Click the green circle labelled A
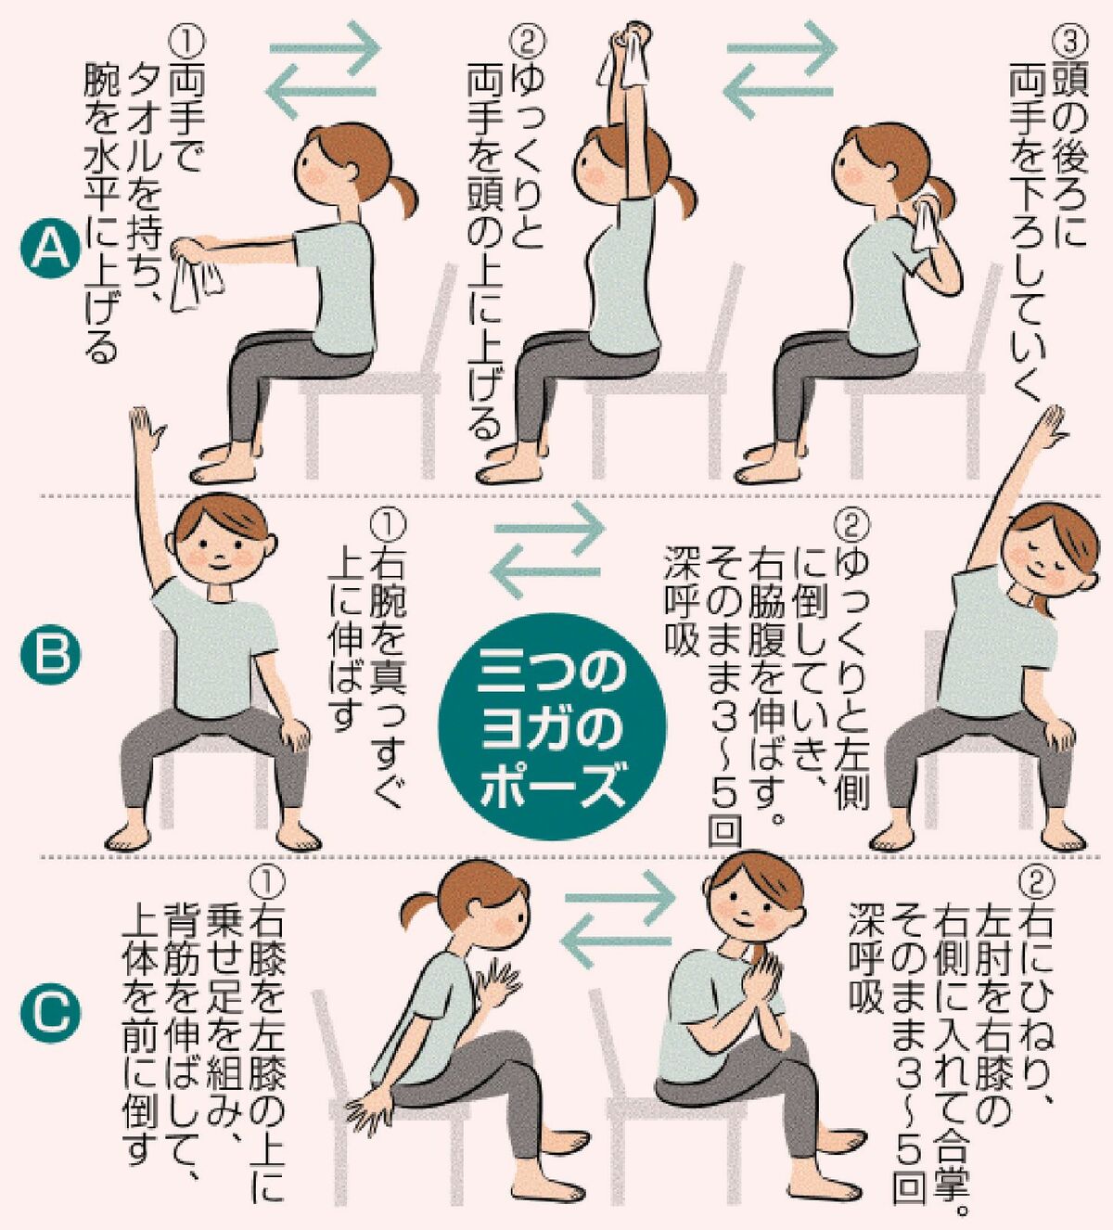point(52,250)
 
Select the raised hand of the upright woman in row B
point(145,429)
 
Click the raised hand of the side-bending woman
point(1049,424)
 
